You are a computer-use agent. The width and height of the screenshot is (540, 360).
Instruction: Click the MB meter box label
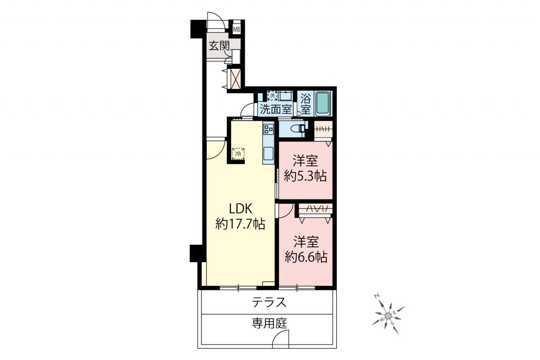coord(237,30)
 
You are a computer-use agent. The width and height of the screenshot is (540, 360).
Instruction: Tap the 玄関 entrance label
coord(219,46)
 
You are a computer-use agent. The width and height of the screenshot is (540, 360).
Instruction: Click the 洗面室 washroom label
coord(276,110)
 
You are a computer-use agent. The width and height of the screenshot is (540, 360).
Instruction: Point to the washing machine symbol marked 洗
coord(272,95)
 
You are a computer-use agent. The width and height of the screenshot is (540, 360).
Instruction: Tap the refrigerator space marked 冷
coord(238,154)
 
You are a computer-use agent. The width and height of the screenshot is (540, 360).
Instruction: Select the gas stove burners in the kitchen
coord(268,129)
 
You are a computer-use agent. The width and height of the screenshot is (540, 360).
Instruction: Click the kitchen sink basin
coord(268,154)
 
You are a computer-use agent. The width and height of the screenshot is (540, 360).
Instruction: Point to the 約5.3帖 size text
coord(305,176)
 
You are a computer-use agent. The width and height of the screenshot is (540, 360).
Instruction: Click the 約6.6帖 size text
coord(306,257)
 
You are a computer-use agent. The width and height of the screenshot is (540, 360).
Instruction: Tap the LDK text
coord(240,208)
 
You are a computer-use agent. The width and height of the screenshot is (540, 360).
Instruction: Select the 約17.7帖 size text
coord(240,224)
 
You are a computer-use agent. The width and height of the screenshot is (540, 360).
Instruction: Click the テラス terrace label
coord(269,302)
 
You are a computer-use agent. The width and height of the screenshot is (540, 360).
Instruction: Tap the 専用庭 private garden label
coord(269,324)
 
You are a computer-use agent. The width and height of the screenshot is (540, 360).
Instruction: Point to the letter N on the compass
coord(377,296)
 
